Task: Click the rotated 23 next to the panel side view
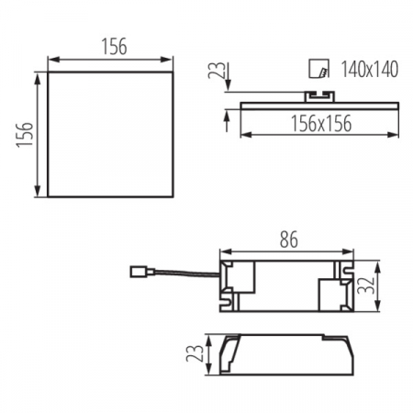click(215, 72)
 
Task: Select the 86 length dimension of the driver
click(287, 241)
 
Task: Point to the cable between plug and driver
click(180, 273)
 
